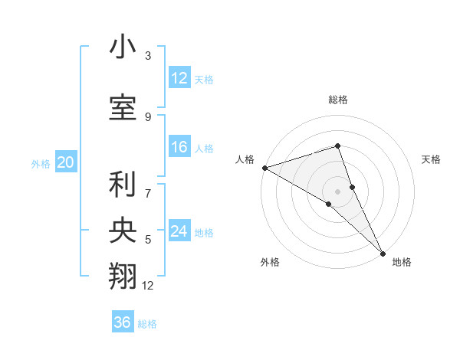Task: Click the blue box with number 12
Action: (179, 78)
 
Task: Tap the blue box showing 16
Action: (179, 148)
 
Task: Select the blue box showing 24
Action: (179, 231)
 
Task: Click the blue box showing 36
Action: (123, 322)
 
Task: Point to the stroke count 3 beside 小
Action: (148, 56)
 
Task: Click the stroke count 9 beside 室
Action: (148, 116)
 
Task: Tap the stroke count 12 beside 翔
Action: (148, 286)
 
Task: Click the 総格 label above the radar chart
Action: (337, 100)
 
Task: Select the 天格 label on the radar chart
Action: (432, 159)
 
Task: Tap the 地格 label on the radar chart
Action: (402, 262)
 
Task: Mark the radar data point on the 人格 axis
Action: (264, 167)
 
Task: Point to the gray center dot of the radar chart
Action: (337, 191)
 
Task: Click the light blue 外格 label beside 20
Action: (41, 163)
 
